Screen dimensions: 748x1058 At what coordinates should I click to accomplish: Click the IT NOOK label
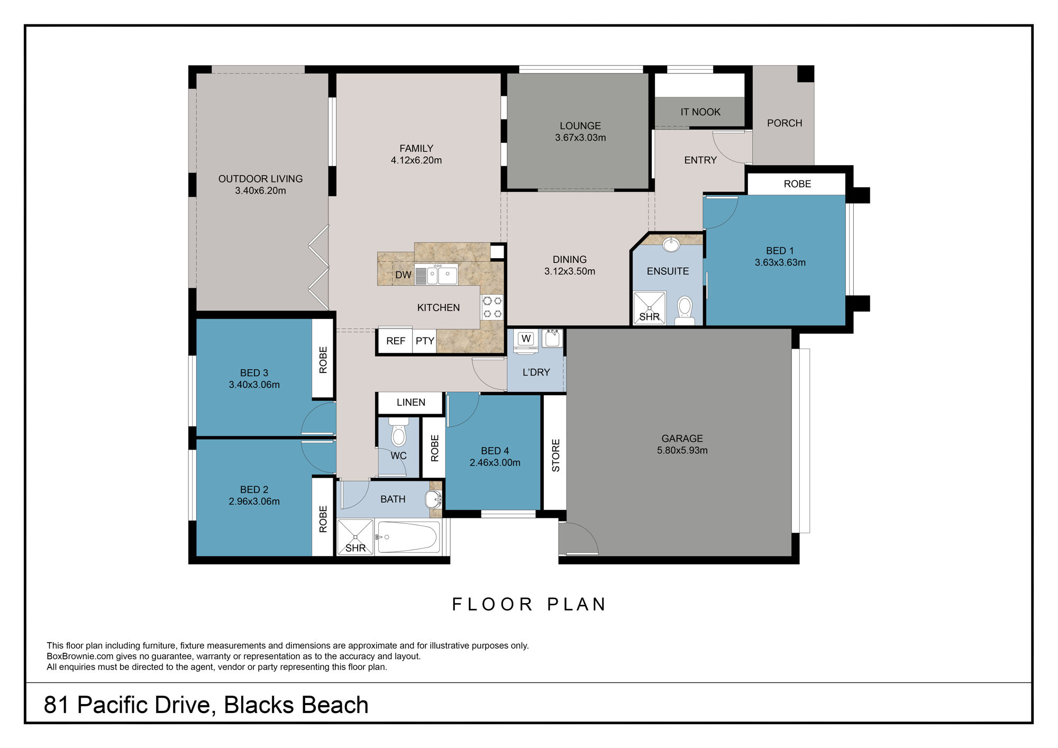700,112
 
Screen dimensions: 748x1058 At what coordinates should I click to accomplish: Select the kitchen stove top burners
492,307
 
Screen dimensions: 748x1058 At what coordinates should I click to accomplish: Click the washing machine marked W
526,339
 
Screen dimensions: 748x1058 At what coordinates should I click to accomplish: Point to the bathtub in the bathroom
408,537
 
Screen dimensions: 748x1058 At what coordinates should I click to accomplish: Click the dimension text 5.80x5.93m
682,450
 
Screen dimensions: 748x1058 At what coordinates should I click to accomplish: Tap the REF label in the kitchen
395,341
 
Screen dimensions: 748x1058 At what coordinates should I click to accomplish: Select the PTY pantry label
425,341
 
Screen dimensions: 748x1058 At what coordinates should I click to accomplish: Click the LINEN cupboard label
411,403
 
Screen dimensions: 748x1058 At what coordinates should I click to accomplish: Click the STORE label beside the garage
555,455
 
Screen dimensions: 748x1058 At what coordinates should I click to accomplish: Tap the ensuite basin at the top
671,245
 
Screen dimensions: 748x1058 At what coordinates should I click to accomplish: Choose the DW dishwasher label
403,275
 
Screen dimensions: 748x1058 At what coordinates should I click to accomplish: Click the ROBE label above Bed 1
797,184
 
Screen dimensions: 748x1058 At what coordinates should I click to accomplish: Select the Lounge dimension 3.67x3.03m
580,138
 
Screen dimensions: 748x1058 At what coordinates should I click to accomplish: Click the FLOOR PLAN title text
529,604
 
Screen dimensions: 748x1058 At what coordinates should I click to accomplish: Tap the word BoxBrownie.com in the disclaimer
72,656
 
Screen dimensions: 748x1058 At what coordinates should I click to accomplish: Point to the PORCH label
785,123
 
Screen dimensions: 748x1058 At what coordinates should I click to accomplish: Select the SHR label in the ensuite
649,317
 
